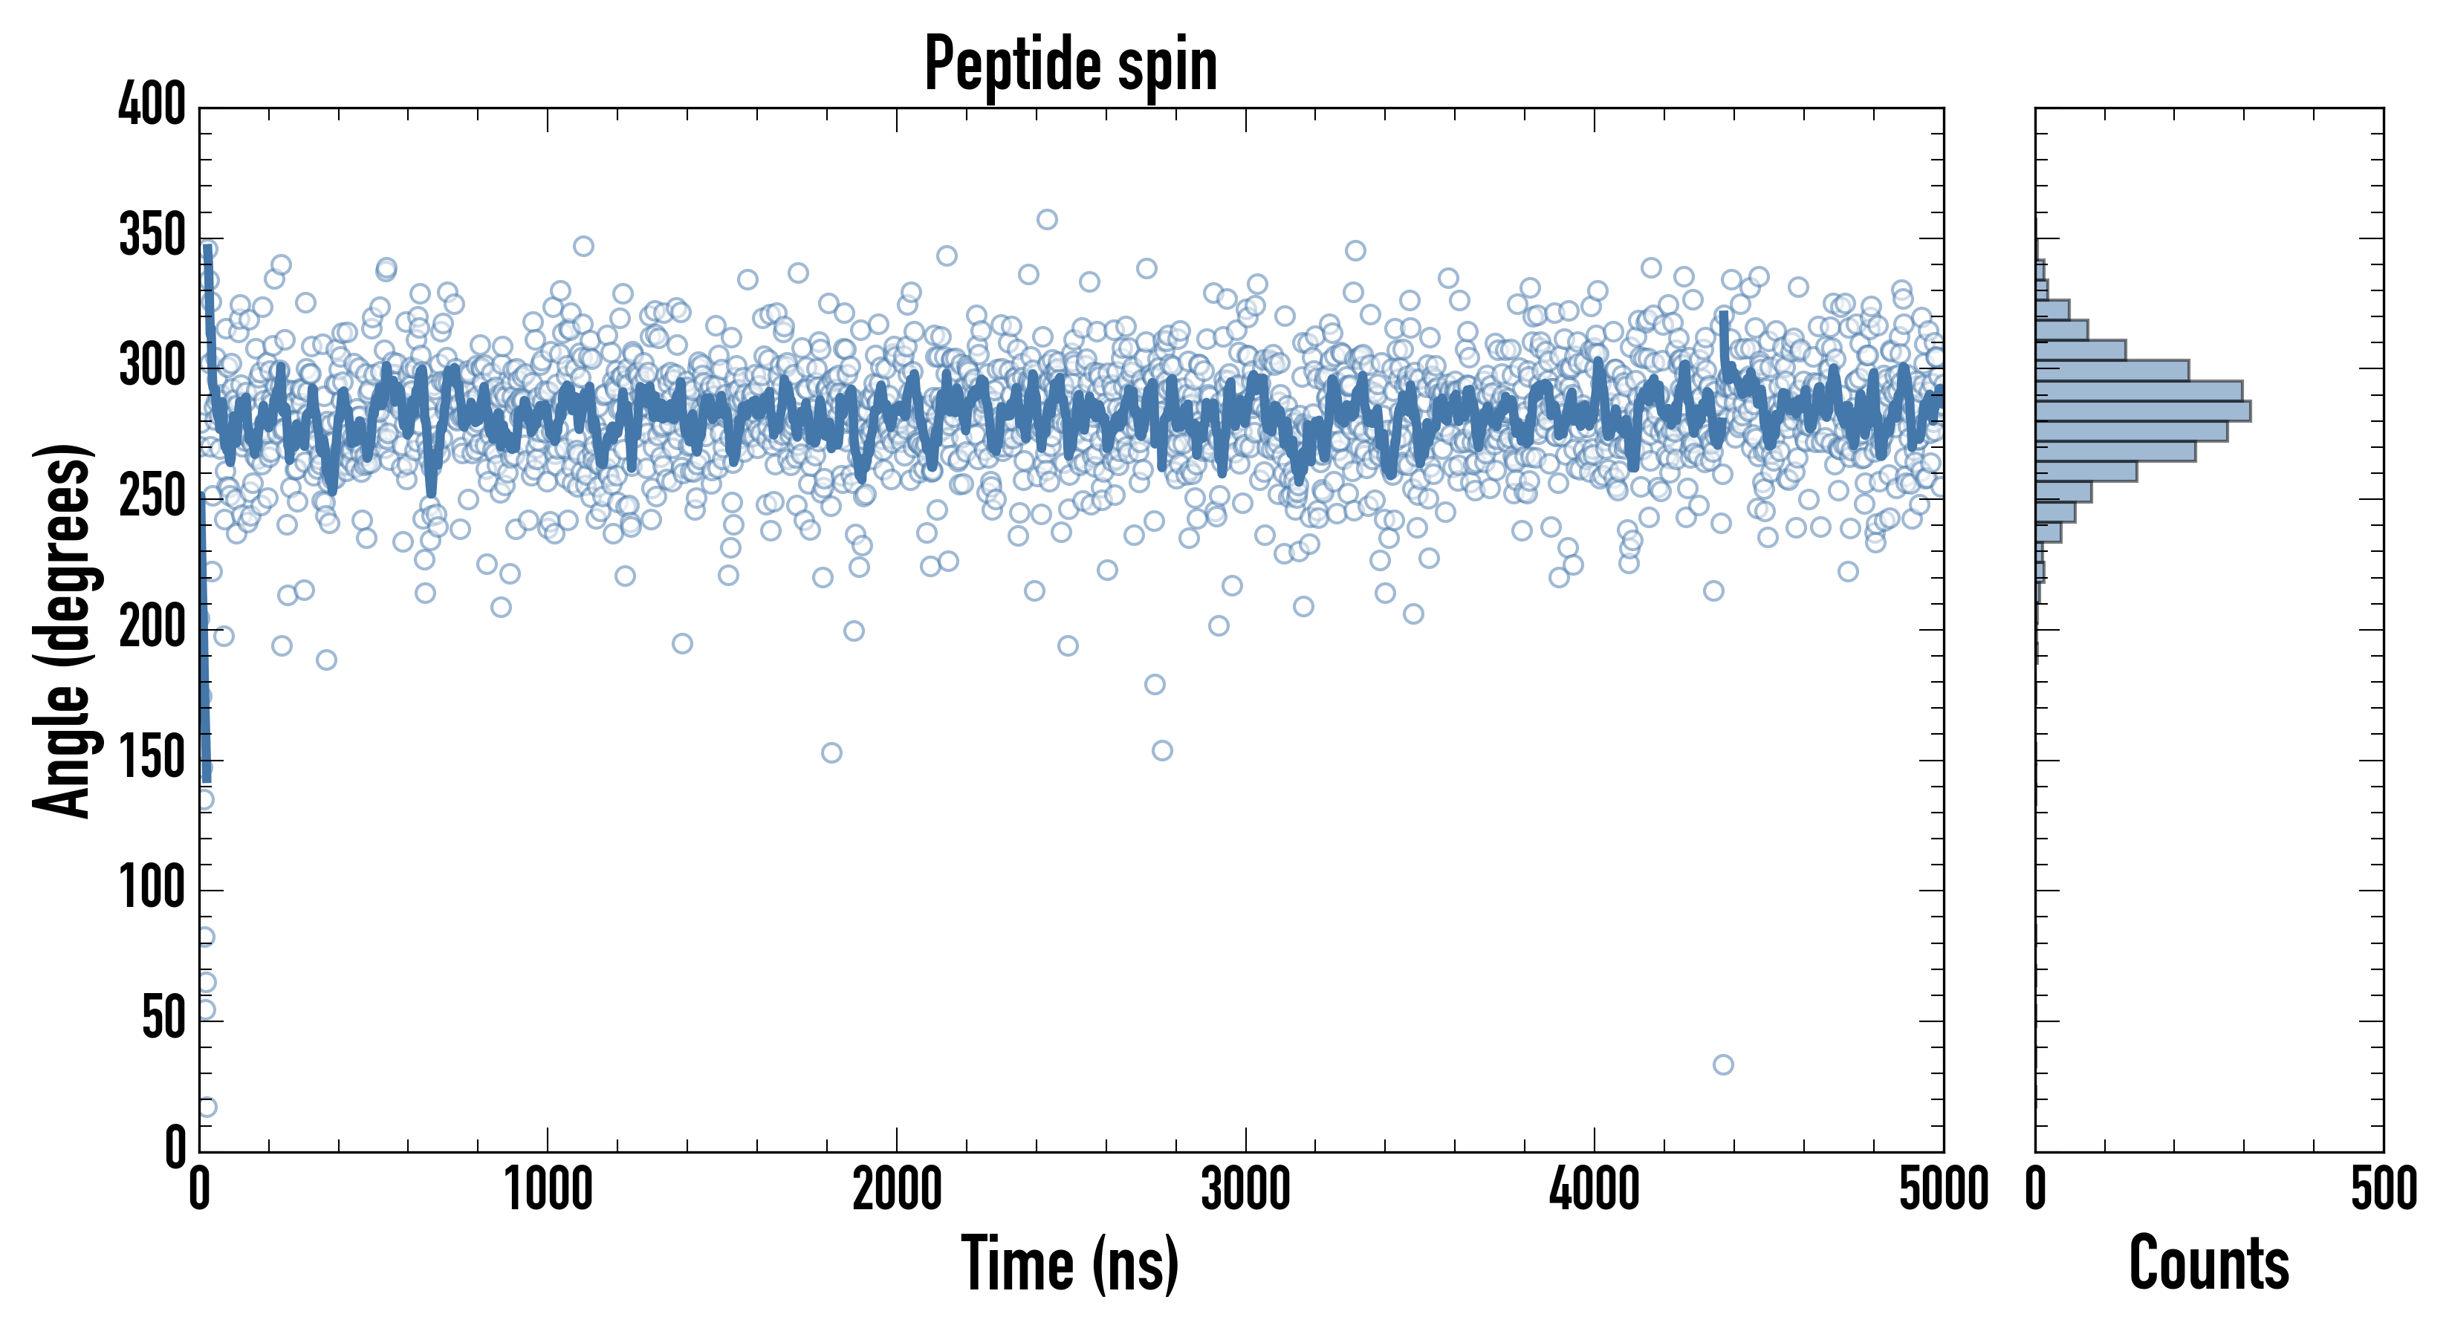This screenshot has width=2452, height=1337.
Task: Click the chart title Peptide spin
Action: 1071,64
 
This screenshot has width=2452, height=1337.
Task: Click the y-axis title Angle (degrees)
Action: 63,630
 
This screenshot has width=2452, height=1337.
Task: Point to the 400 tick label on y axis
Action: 152,105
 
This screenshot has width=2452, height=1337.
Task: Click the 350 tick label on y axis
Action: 152,236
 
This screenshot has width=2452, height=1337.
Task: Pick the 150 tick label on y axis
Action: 152,759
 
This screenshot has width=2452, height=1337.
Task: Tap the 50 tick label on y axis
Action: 163,1020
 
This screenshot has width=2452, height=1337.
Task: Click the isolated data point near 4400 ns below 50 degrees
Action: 1723,1065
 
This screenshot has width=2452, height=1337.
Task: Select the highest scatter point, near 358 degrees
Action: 1047,220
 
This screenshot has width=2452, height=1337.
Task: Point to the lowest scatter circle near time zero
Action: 207,1107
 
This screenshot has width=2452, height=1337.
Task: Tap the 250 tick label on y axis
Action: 152,498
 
